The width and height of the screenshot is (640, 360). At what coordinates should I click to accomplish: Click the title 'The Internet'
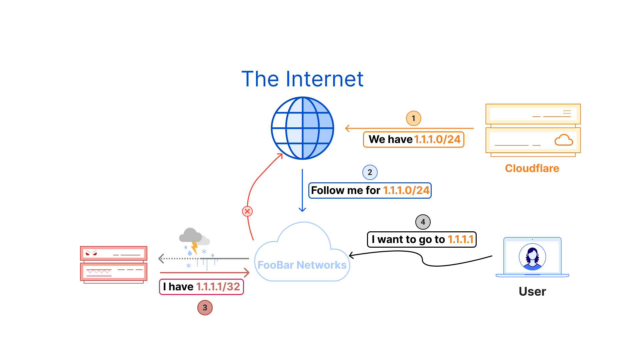point(302,79)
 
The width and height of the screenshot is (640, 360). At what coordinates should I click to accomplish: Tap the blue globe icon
point(302,128)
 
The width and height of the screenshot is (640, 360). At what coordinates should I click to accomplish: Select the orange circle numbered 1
point(413,118)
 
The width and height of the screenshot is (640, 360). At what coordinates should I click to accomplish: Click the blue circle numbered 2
point(370,172)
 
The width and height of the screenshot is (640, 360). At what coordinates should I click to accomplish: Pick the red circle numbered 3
point(205,307)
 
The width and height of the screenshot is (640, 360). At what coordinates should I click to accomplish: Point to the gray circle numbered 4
point(423,222)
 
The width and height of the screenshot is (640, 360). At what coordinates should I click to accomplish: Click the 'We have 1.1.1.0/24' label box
point(413,139)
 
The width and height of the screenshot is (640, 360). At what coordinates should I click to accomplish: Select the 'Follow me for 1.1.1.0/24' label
point(370,190)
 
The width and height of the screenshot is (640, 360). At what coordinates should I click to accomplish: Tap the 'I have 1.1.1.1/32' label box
point(201,287)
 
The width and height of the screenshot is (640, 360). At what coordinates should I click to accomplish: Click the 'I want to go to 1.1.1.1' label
point(422,239)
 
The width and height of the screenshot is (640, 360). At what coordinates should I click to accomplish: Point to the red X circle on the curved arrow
point(247,211)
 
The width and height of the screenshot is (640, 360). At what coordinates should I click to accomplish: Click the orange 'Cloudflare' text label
point(532,168)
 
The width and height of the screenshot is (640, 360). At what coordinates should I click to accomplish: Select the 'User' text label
point(532,292)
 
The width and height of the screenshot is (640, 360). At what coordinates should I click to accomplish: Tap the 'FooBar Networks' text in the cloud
point(302,265)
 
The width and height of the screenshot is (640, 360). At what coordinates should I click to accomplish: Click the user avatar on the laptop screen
point(532,257)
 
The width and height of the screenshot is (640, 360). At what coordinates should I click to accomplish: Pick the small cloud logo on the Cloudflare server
point(563,140)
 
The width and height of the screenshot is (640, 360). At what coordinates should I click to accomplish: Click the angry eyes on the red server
point(91,253)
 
